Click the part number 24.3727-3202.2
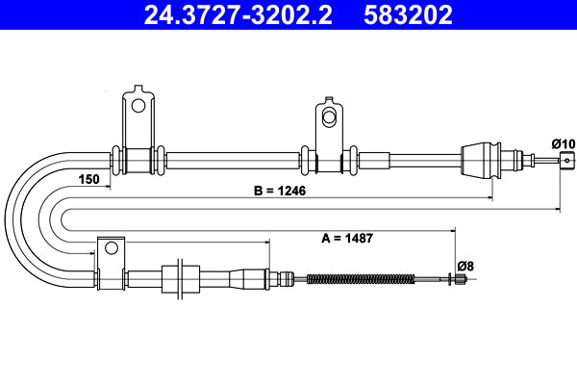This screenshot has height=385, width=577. click(x=239, y=15)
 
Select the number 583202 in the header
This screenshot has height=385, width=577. click(x=408, y=15)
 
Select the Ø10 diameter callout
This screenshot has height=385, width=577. click(x=563, y=143)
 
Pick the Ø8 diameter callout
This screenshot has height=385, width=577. click(x=464, y=265)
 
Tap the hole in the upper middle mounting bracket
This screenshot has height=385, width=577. click(x=328, y=116)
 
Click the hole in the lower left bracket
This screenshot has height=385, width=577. click(x=111, y=247)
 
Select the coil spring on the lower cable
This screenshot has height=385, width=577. click(x=361, y=280)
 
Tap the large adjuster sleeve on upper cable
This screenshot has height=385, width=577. click(x=480, y=158)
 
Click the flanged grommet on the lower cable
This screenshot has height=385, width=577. click(x=176, y=279)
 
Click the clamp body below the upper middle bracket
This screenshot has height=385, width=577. click(x=328, y=159)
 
